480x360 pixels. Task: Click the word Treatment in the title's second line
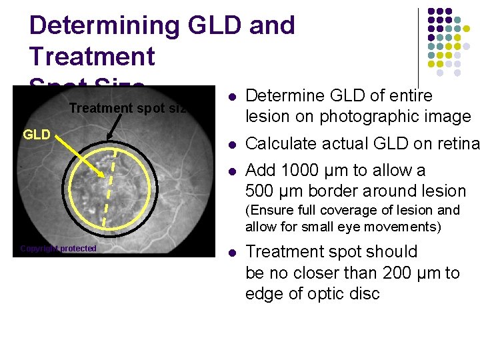tap(92, 56)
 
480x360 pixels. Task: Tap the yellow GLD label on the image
tap(37, 135)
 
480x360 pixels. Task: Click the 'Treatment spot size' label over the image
tap(127, 108)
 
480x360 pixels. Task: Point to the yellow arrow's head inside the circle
tap(102, 175)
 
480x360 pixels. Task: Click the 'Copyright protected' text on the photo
tap(58, 249)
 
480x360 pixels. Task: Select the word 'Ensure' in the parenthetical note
tap(271, 211)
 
